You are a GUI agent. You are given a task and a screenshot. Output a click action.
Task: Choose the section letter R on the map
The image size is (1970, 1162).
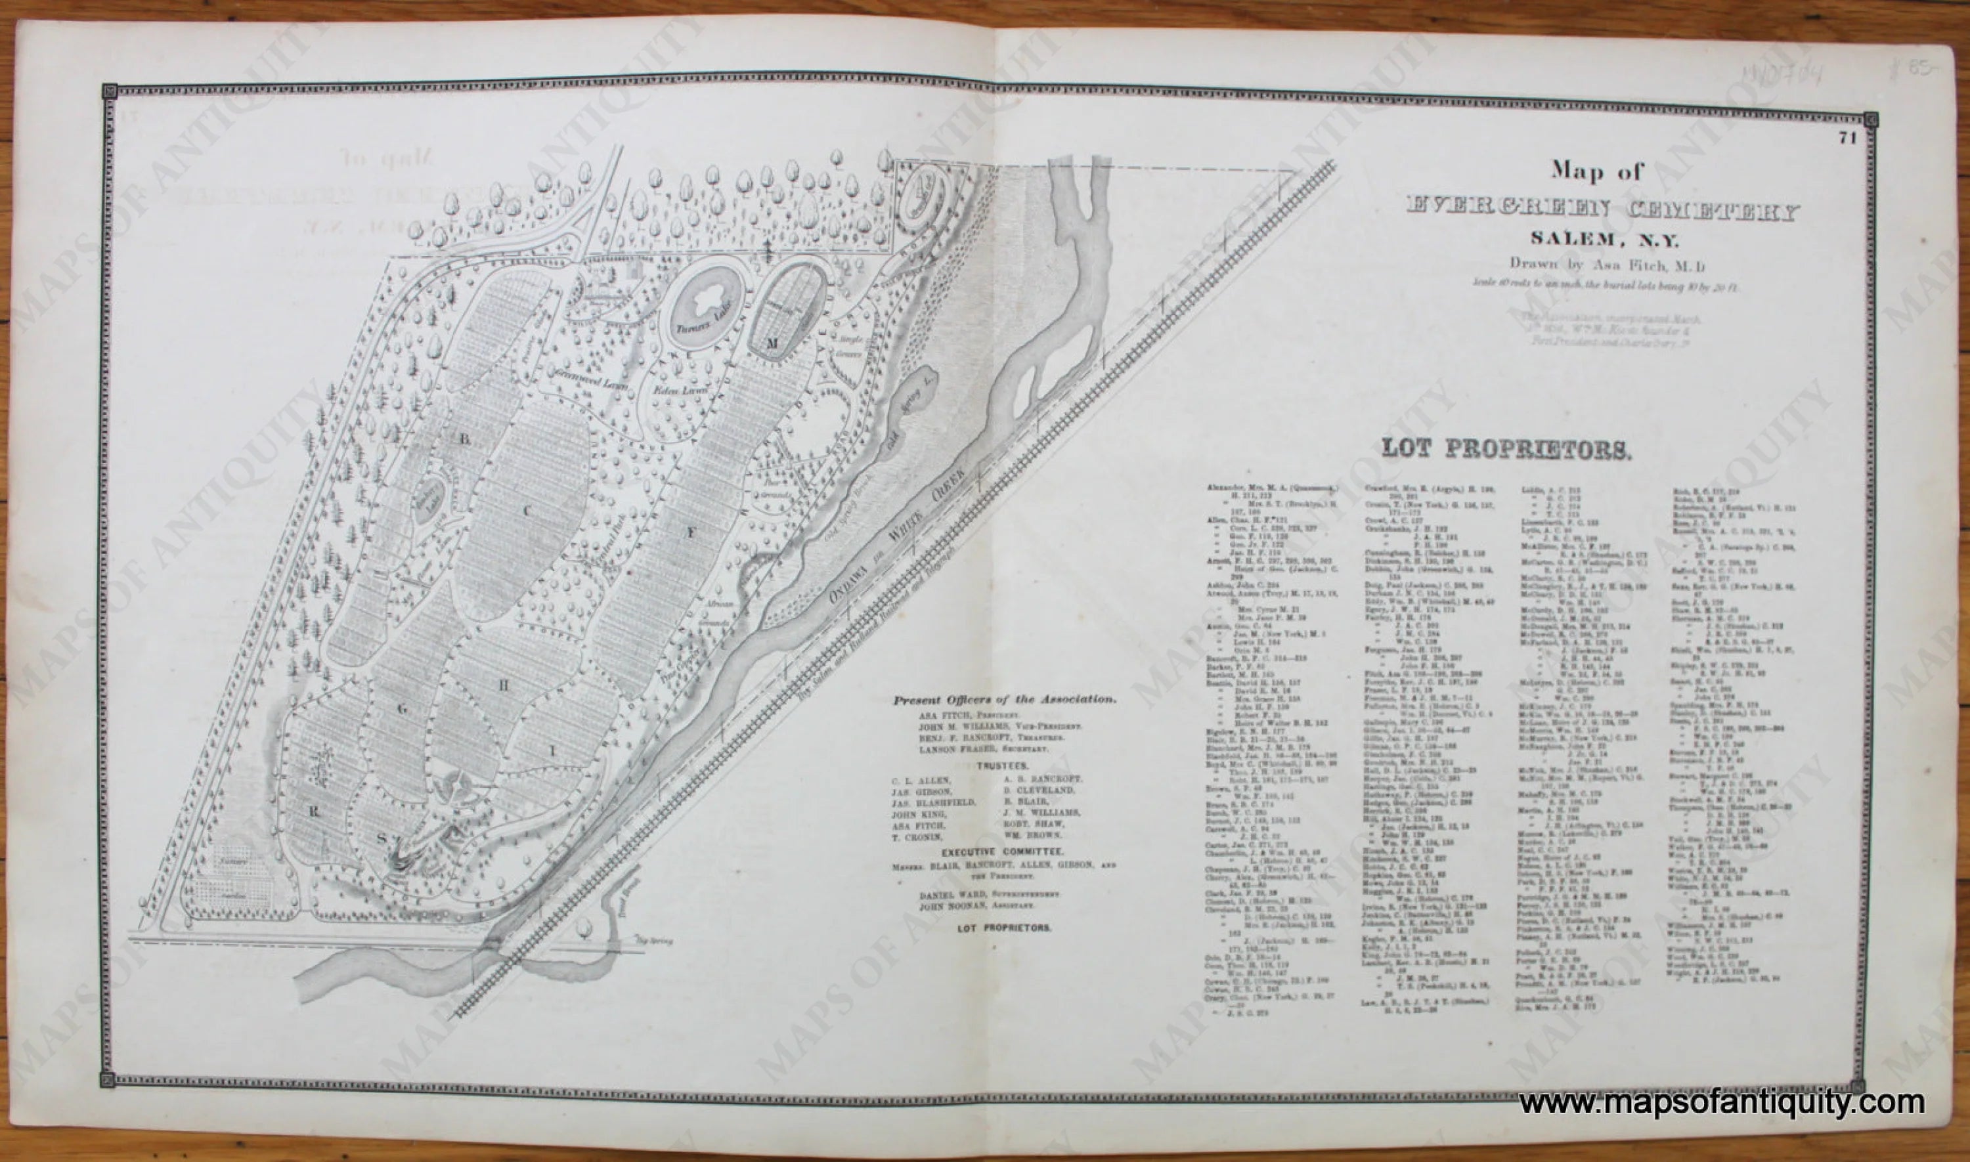pyautogui.click(x=313, y=812)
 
